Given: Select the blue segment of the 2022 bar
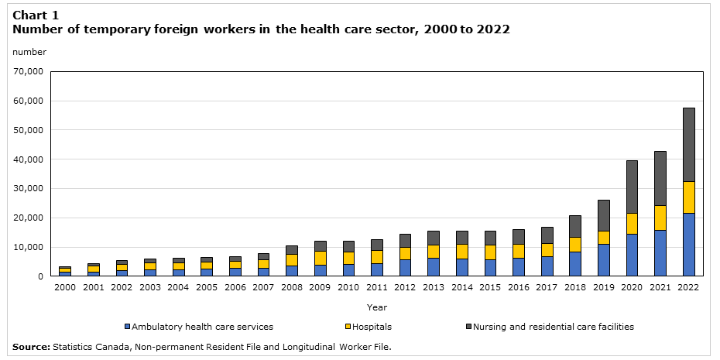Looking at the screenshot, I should [688, 244].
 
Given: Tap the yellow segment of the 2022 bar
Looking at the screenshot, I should [688, 197].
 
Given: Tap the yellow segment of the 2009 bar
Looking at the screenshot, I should [321, 258].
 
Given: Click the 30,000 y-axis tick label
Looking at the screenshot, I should [28, 189].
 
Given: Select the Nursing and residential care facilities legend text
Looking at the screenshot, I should [553, 327].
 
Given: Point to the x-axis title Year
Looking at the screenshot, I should [377, 307].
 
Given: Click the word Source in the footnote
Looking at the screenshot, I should [30, 347].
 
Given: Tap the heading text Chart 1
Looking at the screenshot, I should [35, 15].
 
